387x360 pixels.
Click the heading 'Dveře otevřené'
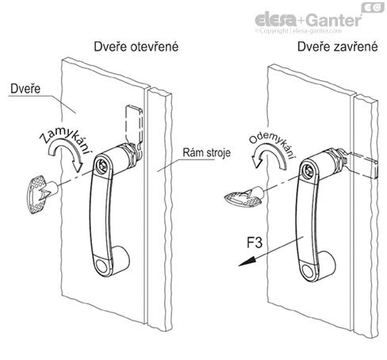point(136,47)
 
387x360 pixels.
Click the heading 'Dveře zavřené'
point(338,47)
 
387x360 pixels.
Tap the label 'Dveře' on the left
point(25,89)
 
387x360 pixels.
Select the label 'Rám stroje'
point(206,153)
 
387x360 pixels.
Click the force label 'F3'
point(255,243)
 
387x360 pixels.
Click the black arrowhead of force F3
point(247,262)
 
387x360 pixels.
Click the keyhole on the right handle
point(307,170)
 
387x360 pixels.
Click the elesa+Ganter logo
point(308,20)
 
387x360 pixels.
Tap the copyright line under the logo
point(298,31)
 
